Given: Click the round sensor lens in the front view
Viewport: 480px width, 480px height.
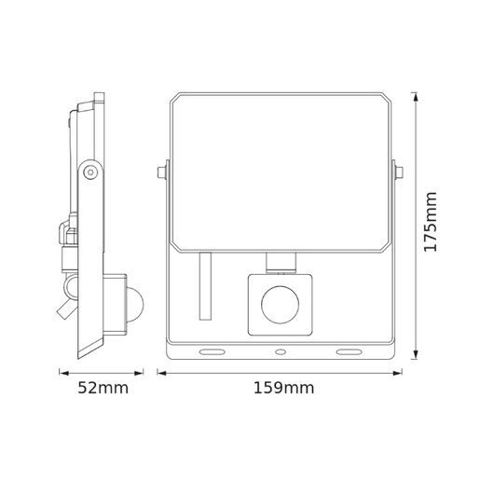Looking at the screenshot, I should pyautogui.click(x=277, y=304).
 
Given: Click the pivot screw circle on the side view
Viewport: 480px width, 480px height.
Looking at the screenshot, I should pyautogui.click(x=89, y=171).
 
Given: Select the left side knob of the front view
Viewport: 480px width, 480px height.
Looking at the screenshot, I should pyautogui.click(x=163, y=172).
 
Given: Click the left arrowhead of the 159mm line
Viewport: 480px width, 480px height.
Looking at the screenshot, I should pyautogui.click(x=159, y=372).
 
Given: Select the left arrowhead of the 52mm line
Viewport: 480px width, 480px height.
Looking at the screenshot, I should pyautogui.click(x=62, y=372).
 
